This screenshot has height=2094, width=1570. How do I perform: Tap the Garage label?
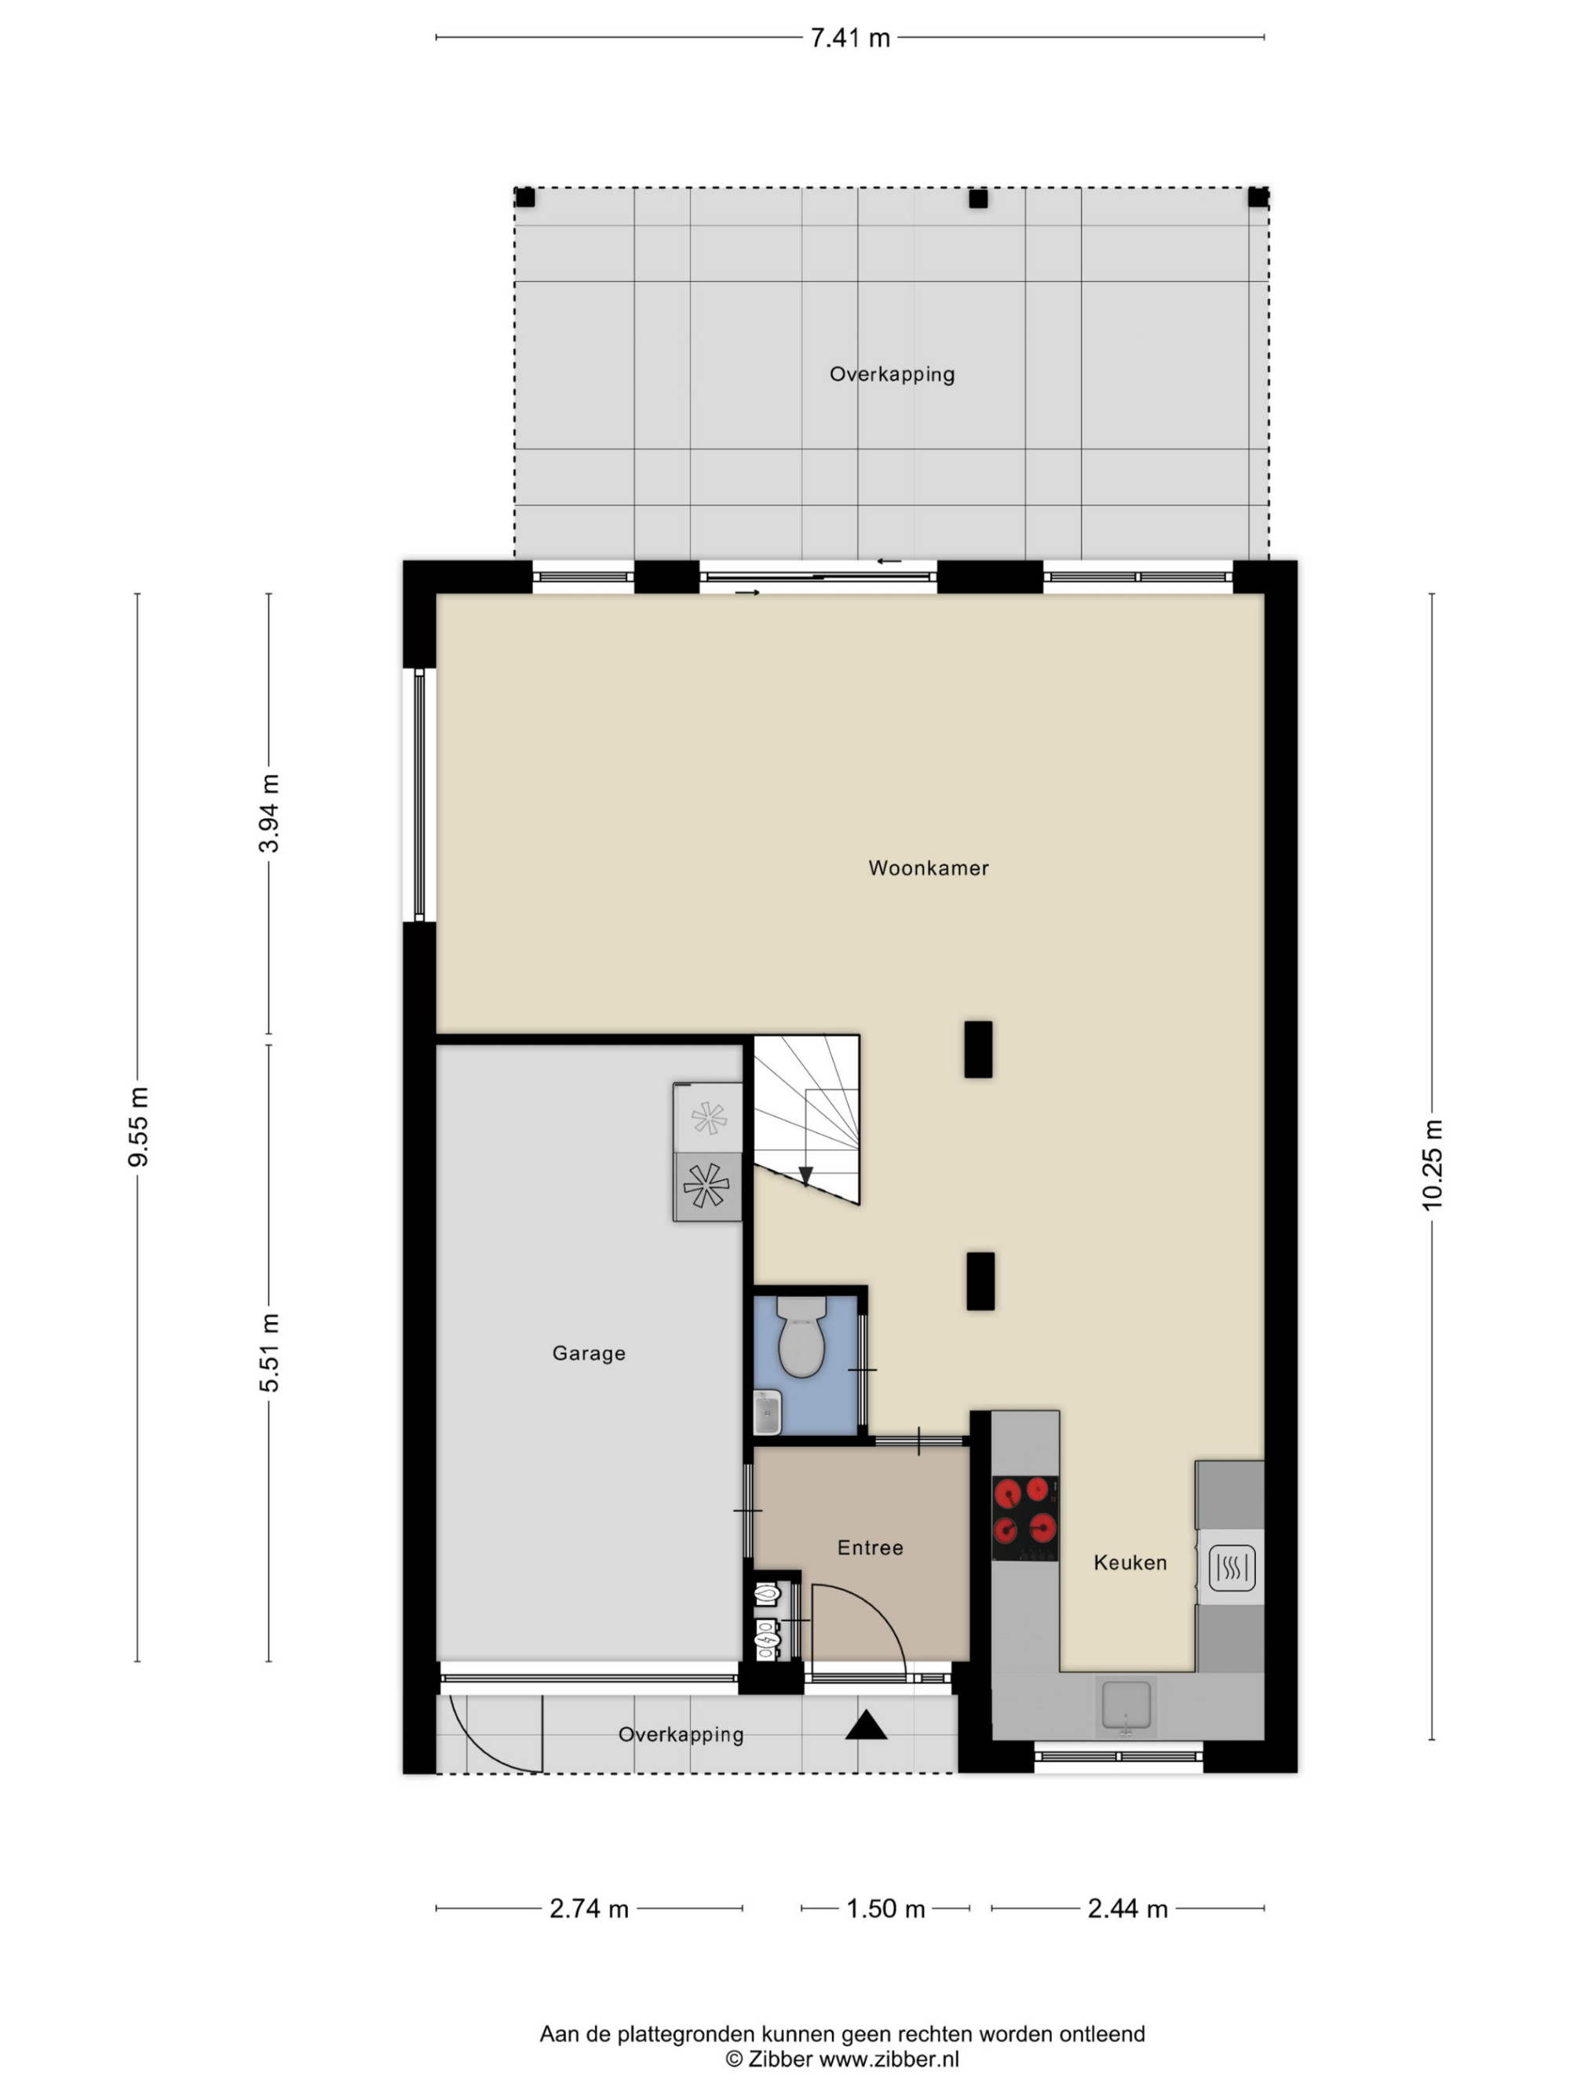click(x=589, y=1354)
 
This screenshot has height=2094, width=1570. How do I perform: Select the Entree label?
click(x=870, y=1548)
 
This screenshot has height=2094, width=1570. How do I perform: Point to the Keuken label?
click(x=1130, y=1563)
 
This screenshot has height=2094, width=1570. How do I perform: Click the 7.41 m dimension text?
click(x=850, y=38)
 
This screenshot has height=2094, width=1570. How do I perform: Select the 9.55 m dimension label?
click(x=138, y=1127)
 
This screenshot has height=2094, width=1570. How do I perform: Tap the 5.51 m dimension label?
click(x=270, y=1353)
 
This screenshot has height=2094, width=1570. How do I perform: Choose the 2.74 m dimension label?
click(x=589, y=1909)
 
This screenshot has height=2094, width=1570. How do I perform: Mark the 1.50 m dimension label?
click(x=885, y=1909)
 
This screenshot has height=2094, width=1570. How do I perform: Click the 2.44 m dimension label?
click(x=1127, y=1909)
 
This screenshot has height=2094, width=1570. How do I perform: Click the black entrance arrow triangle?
click(x=866, y=1726)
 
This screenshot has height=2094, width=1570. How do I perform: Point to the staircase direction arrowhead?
click(x=805, y=1175)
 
